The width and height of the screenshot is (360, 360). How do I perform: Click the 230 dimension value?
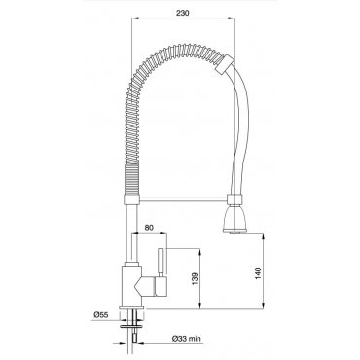pos(182,13)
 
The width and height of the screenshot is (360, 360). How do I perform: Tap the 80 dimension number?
pos(149,228)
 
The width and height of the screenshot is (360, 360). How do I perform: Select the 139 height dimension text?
pos(195,279)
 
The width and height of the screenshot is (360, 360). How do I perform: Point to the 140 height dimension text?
pos(258,273)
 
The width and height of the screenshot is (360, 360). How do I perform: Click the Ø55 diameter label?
pos(100,314)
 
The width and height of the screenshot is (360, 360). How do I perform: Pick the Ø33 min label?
pos(187,339)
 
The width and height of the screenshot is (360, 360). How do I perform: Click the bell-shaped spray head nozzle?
pos(235,218)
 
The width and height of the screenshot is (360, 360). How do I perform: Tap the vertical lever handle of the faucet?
pos(162,263)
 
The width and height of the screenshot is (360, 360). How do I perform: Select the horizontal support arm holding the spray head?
pos(184,198)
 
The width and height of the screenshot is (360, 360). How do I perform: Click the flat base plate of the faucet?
pos(131,307)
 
